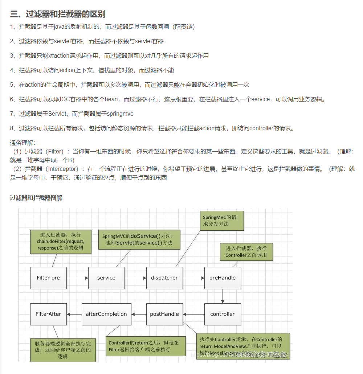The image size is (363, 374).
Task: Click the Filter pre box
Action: (48, 278)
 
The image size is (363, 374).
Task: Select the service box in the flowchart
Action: (106, 278)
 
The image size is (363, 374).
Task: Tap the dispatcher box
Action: (164, 278)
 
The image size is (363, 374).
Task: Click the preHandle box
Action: (223, 278)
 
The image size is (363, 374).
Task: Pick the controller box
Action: (223, 314)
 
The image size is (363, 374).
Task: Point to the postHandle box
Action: (164, 314)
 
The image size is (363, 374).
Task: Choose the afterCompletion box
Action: (106, 314)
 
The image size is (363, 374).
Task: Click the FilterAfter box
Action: (48, 314)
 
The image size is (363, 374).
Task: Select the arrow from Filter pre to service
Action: (77, 278)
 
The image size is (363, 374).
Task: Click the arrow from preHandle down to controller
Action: (223, 296)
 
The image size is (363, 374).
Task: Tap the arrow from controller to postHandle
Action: (194, 314)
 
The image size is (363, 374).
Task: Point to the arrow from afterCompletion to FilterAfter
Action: (74, 314)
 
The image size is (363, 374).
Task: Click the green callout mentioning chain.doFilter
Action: (60, 242)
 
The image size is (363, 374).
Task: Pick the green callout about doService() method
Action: (139, 239)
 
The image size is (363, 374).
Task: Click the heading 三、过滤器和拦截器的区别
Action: (58, 14)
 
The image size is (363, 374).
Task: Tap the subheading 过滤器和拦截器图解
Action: (36, 198)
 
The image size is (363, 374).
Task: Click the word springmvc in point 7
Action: (120, 114)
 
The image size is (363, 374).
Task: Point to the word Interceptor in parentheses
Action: (63, 169)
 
